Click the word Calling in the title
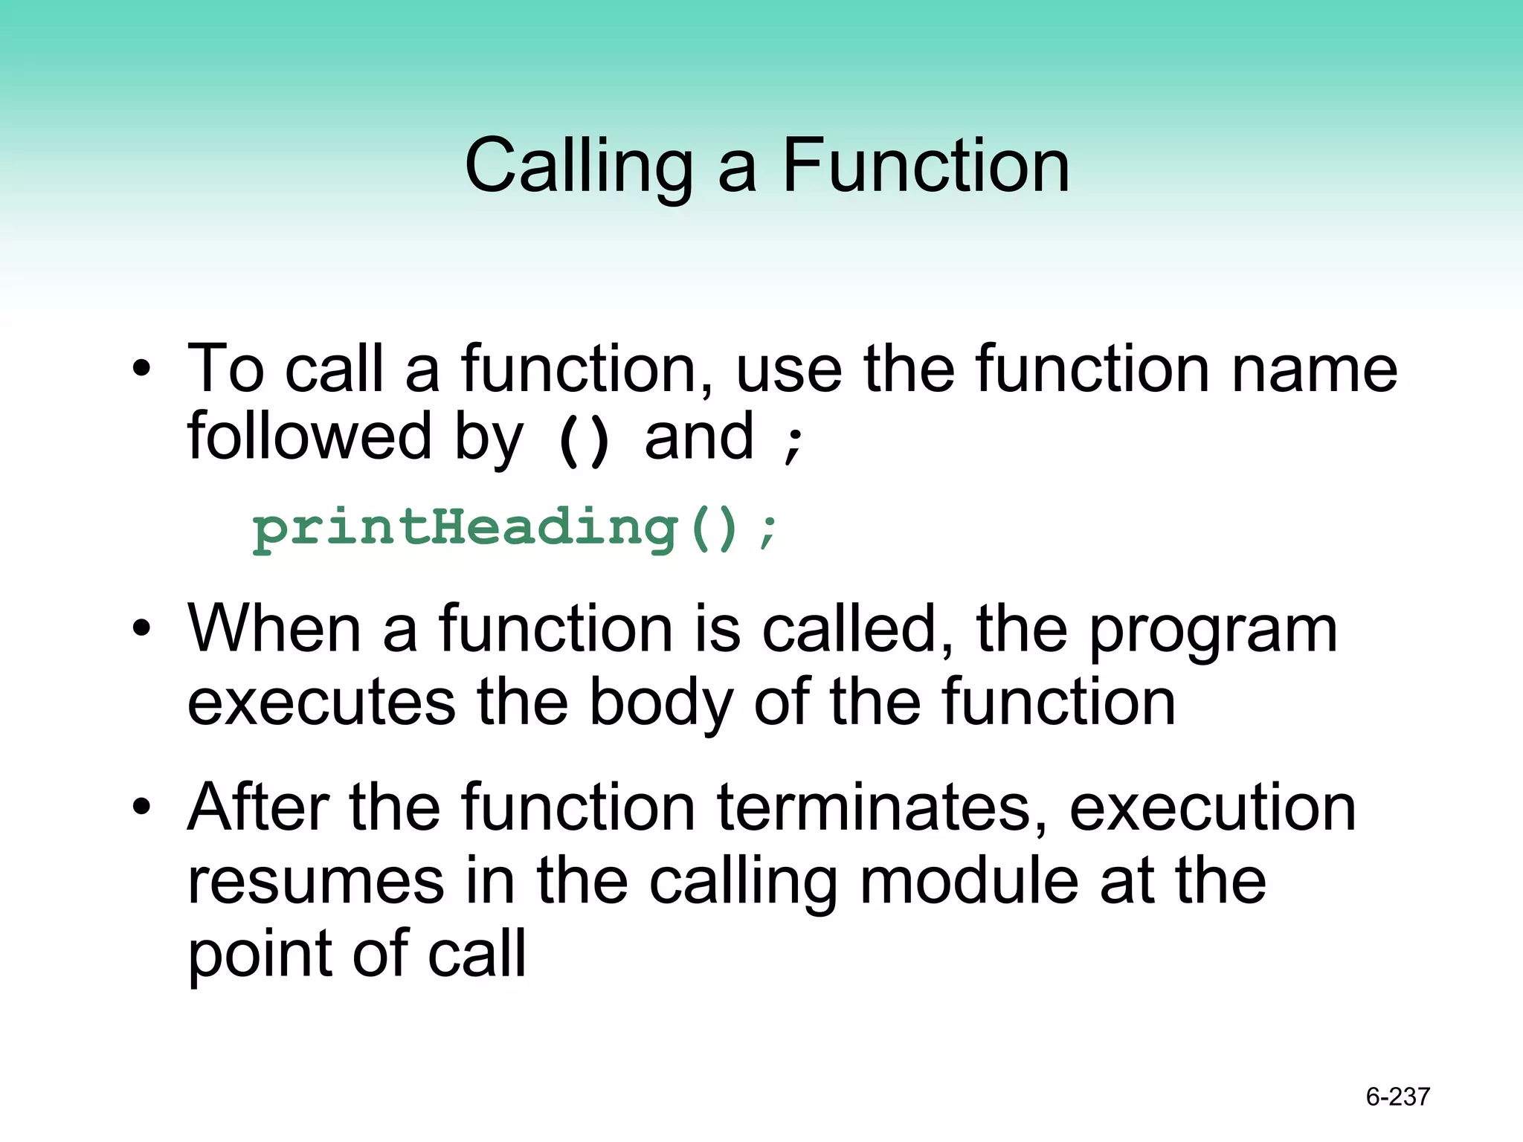579,167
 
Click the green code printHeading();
515,529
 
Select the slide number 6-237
1397,1097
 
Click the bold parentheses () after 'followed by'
584,440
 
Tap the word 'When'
274,628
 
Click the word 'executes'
321,703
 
